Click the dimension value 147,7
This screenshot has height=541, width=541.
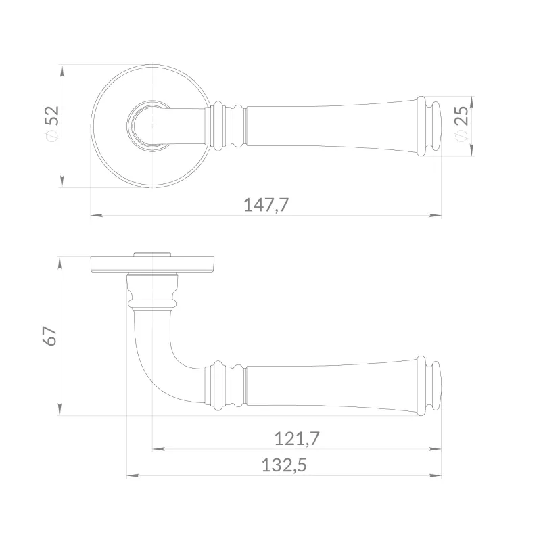[266, 205]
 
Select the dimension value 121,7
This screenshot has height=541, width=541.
[297, 439]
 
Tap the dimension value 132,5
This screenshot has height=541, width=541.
[284, 465]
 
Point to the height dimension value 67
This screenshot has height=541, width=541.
[49, 335]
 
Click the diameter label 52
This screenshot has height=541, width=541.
[53, 116]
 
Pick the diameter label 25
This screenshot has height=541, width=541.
[462, 116]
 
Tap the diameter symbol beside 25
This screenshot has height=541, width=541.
[461, 136]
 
